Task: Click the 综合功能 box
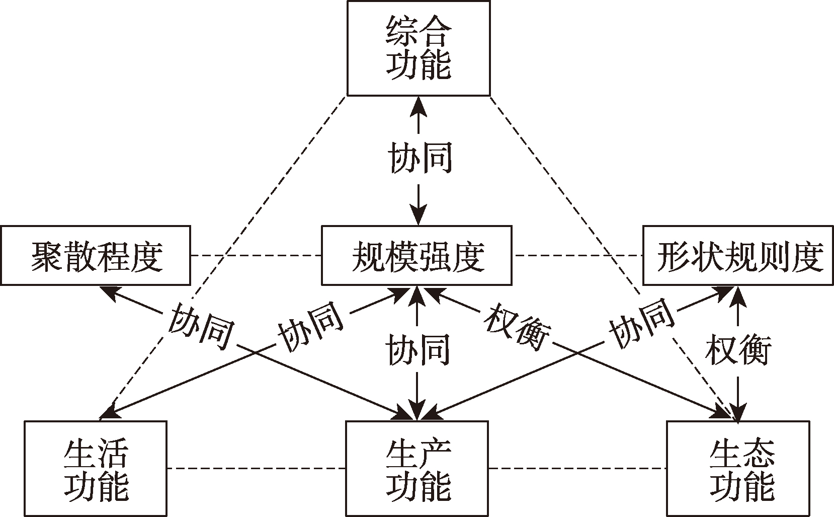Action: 419,48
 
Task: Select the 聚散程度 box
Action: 95,256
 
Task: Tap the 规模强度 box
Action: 416,256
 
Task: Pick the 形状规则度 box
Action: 738,256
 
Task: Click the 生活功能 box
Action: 95,469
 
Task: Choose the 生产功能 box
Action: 417,469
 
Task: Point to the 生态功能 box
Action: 738,469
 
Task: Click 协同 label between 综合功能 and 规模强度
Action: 419,158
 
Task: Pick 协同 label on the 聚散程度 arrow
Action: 202,326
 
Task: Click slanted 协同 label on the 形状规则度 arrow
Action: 642,323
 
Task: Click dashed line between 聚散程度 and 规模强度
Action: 256,256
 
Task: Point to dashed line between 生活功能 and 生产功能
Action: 256,468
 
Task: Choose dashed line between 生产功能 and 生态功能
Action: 577,468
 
